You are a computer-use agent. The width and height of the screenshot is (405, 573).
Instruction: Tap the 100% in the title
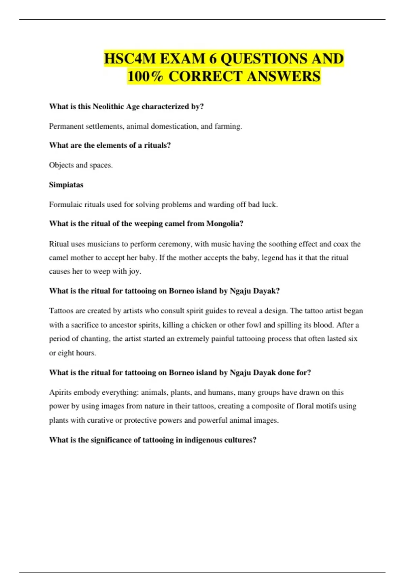[145, 76]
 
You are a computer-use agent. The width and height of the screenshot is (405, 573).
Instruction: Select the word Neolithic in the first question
[108, 107]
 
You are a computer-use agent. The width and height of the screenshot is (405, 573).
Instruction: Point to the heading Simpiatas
[66, 185]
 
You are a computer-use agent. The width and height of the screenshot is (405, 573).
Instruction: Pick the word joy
[134, 272]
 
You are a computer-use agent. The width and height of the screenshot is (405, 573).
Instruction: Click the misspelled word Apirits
[60, 392]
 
